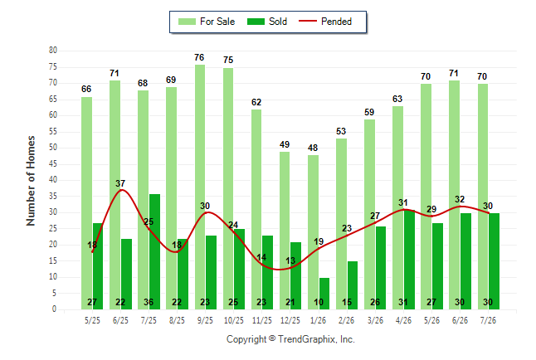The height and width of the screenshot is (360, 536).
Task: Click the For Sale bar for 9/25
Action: click(x=200, y=187)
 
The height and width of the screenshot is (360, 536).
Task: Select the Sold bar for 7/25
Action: click(x=154, y=251)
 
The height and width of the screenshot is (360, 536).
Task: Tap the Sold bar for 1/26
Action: click(x=324, y=294)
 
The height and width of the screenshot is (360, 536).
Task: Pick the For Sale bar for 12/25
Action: click(x=285, y=231)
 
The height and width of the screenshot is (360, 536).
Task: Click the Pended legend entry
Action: click(x=325, y=22)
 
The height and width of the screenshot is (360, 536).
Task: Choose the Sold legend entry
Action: click(x=267, y=22)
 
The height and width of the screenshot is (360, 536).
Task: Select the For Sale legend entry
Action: click(x=207, y=22)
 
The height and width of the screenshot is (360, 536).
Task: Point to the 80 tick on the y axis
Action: click(x=53, y=51)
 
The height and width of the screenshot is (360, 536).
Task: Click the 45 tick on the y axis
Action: click(x=53, y=163)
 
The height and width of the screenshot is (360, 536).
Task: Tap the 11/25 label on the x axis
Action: click(x=262, y=320)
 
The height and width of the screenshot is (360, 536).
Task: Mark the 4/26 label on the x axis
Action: click(x=403, y=320)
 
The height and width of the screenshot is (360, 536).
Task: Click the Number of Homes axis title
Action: click(x=31, y=181)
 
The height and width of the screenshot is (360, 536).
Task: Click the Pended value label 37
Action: click(x=120, y=183)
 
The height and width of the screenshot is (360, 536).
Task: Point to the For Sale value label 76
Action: click(x=199, y=57)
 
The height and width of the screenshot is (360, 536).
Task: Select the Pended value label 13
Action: click(x=290, y=260)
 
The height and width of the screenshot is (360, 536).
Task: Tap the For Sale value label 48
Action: click(x=313, y=148)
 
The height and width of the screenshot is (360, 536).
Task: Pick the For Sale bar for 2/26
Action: click(x=341, y=224)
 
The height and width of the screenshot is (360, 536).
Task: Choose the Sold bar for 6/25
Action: click(x=126, y=275)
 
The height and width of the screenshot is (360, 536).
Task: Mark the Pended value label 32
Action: click(x=460, y=199)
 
